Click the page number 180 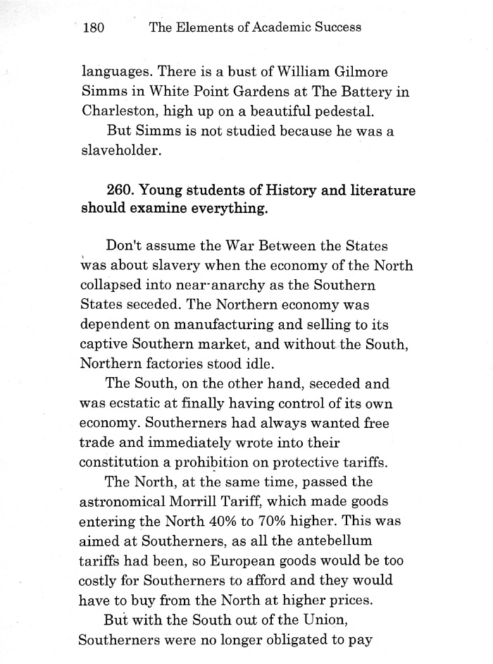(x=94, y=28)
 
